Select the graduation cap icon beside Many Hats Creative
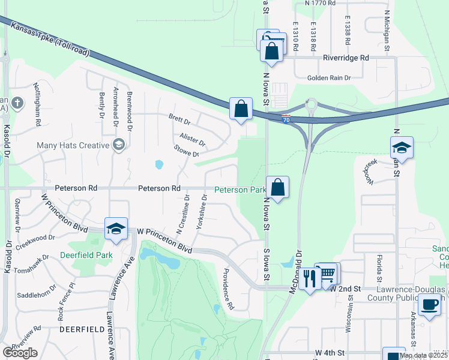coord(118,145)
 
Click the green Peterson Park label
coord(240,190)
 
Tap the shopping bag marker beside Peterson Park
coord(278,187)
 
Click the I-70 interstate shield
coord(286,119)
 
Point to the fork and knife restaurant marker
coord(310,278)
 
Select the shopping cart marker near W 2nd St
coord(327,274)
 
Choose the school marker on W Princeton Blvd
coord(116,228)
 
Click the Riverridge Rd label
coord(345,58)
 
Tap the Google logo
coord(20,353)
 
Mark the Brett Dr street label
coord(179,119)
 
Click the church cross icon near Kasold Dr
coord(18,102)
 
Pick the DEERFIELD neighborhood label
coord(78,329)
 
